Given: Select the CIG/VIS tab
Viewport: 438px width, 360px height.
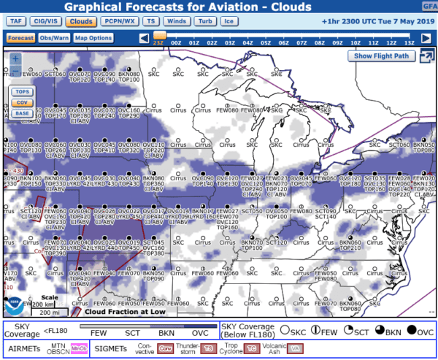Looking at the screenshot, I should [46, 22].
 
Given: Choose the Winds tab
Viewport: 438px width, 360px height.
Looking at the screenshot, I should [177, 22].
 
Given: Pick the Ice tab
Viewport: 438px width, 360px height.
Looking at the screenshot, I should [228, 22].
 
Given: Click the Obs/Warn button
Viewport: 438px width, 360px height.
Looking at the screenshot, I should [53, 38].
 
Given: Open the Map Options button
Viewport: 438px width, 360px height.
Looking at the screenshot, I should [93, 38].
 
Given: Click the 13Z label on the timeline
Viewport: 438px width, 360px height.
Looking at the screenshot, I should [408, 43].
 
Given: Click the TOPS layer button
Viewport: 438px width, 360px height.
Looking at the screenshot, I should [22, 92].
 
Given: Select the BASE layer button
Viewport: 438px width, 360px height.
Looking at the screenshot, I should [22, 113].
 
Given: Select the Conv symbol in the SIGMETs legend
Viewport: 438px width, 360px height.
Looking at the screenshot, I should [166, 349].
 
